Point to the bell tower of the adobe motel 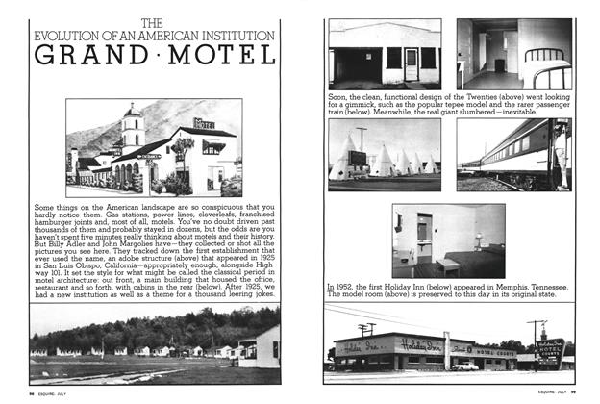pyautogui.click(x=132, y=125)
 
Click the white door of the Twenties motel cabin pyautogui.click(x=411, y=63)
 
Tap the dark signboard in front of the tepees pyautogui.click(x=357, y=159)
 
